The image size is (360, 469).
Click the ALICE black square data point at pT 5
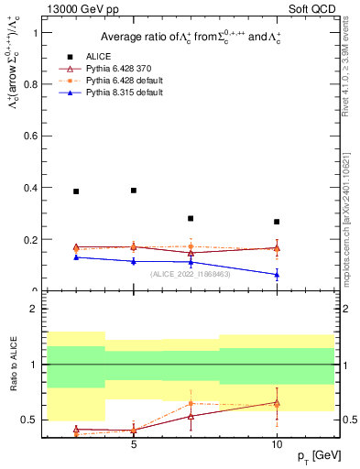(134, 191)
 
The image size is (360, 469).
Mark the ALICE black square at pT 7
(191, 219)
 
